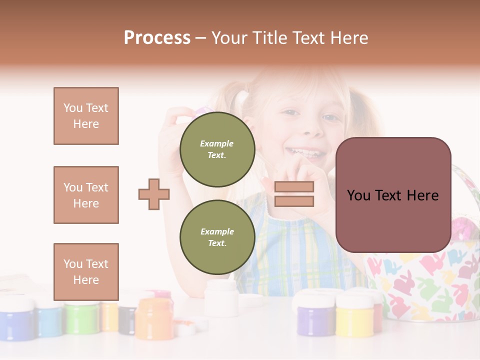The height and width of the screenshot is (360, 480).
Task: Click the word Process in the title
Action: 157,38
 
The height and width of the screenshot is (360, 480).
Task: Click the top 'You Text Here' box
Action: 86,116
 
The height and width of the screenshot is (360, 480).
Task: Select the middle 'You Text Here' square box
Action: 86,195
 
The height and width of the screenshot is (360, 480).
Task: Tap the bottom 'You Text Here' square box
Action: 86,271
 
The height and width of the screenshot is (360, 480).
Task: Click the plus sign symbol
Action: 154,194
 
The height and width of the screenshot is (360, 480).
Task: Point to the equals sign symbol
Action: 294,194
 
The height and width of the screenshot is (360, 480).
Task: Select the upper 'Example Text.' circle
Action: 217,149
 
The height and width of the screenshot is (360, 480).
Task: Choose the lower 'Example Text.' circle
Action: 217,237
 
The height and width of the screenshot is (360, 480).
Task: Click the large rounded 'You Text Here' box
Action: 393,195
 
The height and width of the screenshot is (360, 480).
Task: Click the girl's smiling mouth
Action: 311,151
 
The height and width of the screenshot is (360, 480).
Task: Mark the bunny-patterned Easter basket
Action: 425,280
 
